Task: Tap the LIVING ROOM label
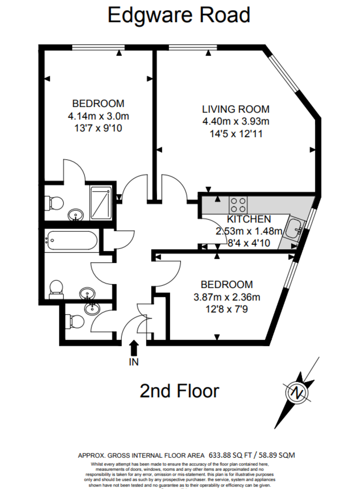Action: coord(236,109)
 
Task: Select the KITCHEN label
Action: coord(249,219)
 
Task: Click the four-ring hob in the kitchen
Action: coord(238,205)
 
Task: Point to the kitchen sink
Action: coord(294,228)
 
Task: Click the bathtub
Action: coord(72,240)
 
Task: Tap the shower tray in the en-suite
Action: coord(101,203)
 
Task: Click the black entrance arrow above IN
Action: coord(134,348)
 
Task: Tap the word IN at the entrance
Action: coord(134,362)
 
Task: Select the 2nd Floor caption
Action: coord(179,391)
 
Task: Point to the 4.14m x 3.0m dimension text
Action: coord(99,116)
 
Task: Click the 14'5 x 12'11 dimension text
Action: coord(236,134)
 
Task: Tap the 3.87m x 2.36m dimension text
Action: coord(227,297)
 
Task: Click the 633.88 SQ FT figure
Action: coord(230,455)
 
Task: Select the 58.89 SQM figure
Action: coord(277,455)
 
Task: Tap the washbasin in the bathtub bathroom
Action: coord(87,293)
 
